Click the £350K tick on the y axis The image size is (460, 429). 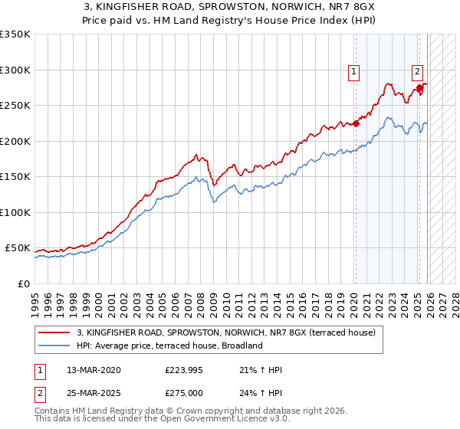pos(15,34)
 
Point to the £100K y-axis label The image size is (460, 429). pos(15,212)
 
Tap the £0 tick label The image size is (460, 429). pos(23,283)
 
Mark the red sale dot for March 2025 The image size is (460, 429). pos(419,88)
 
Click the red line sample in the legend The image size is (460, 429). pos(55,333)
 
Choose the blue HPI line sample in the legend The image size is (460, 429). pos(55,345)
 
